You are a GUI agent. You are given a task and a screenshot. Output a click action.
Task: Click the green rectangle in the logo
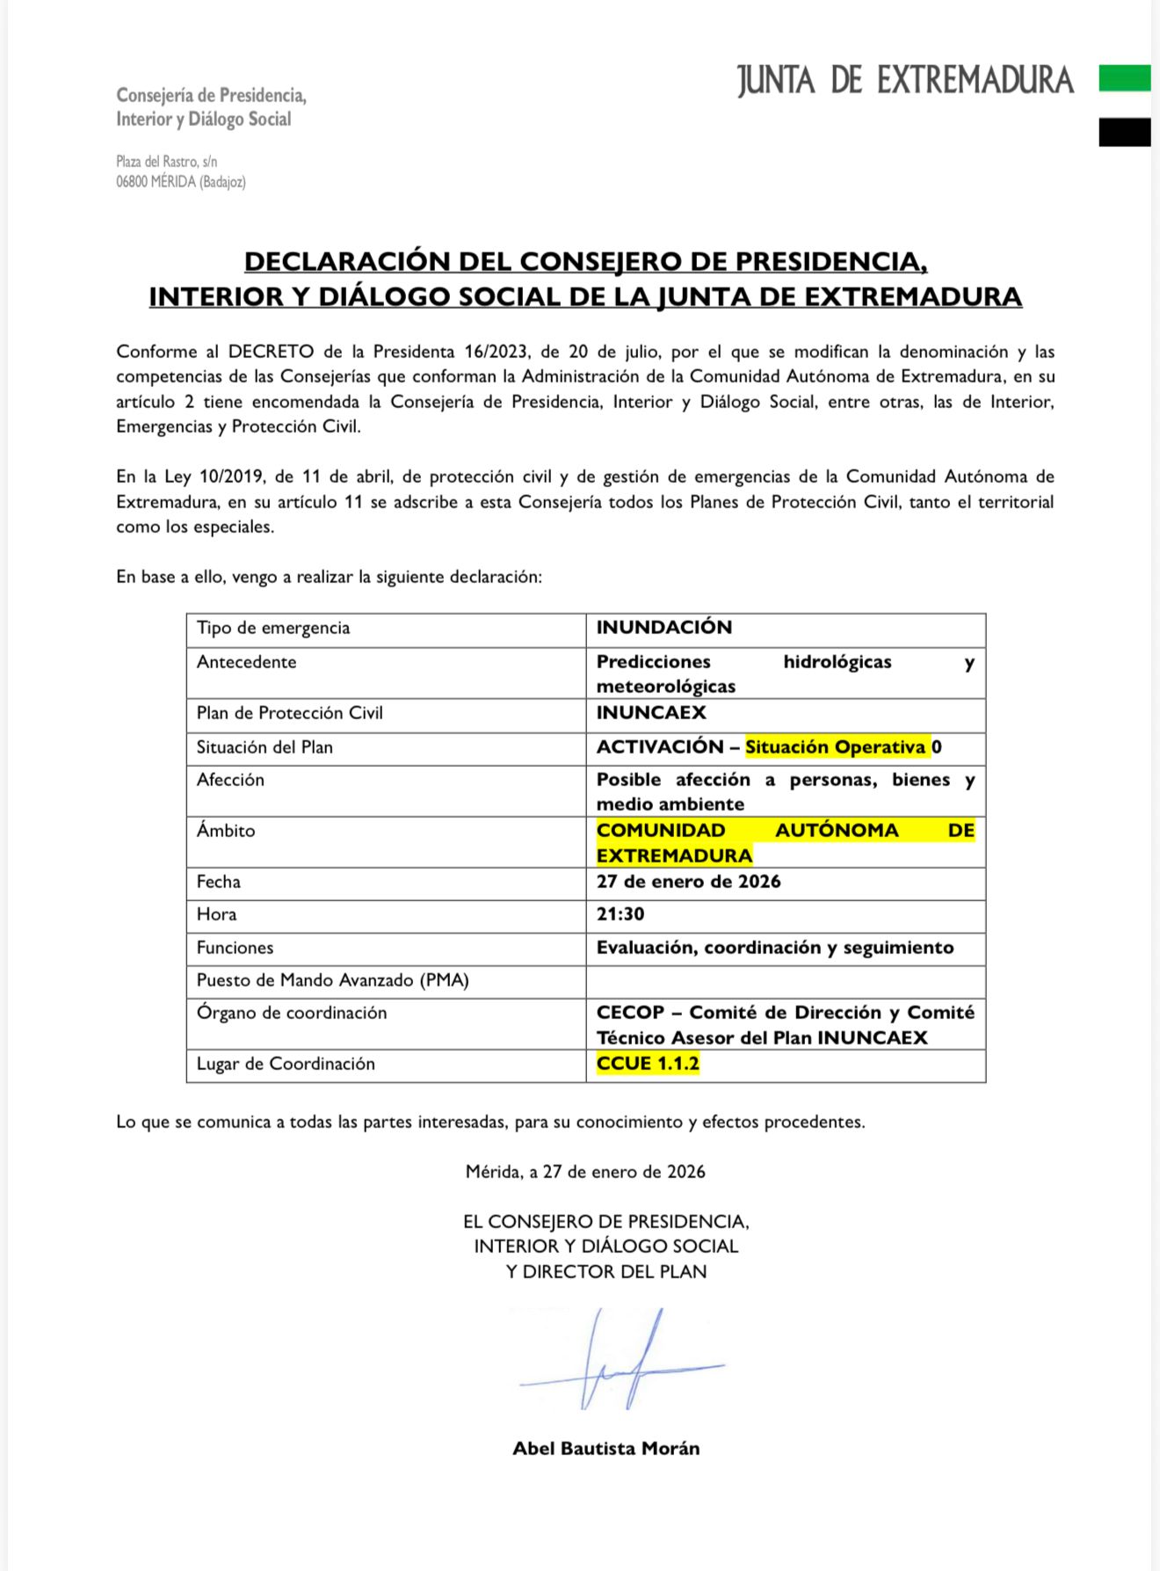[x=1124, y=78]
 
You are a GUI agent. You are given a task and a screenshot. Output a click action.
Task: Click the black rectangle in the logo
[x=1124, y=132]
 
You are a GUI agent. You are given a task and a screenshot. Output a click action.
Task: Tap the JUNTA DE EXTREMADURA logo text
[x=905, y=80]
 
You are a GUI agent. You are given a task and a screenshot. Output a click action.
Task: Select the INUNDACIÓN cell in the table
[x=663, y=628]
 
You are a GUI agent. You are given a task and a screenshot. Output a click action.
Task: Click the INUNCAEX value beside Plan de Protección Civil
[x=651, y=713]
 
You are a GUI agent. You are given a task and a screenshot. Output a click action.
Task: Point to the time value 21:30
[x=620, y=914]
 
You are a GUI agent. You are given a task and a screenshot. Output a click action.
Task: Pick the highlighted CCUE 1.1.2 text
[x=648, y=1064]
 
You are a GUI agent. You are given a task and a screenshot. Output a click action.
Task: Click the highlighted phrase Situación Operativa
[x=835, y=747]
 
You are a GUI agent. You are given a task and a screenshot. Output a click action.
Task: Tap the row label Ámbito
[x=226, y=831]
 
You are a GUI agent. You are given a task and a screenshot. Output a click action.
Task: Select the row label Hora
[x=216, y=914]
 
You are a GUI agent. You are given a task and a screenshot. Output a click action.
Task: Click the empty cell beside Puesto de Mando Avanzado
[x=785, y=981]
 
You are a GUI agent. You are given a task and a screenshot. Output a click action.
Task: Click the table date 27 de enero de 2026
[x=688, y=882]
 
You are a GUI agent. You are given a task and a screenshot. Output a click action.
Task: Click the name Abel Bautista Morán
[x=605, y=1449]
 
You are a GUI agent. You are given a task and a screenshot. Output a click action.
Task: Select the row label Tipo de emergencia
[x=273, y=628]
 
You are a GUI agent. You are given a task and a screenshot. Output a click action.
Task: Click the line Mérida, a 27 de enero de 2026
[x=585, y=1172]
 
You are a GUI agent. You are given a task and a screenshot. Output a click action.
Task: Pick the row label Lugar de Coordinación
[x=286, y=1064]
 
